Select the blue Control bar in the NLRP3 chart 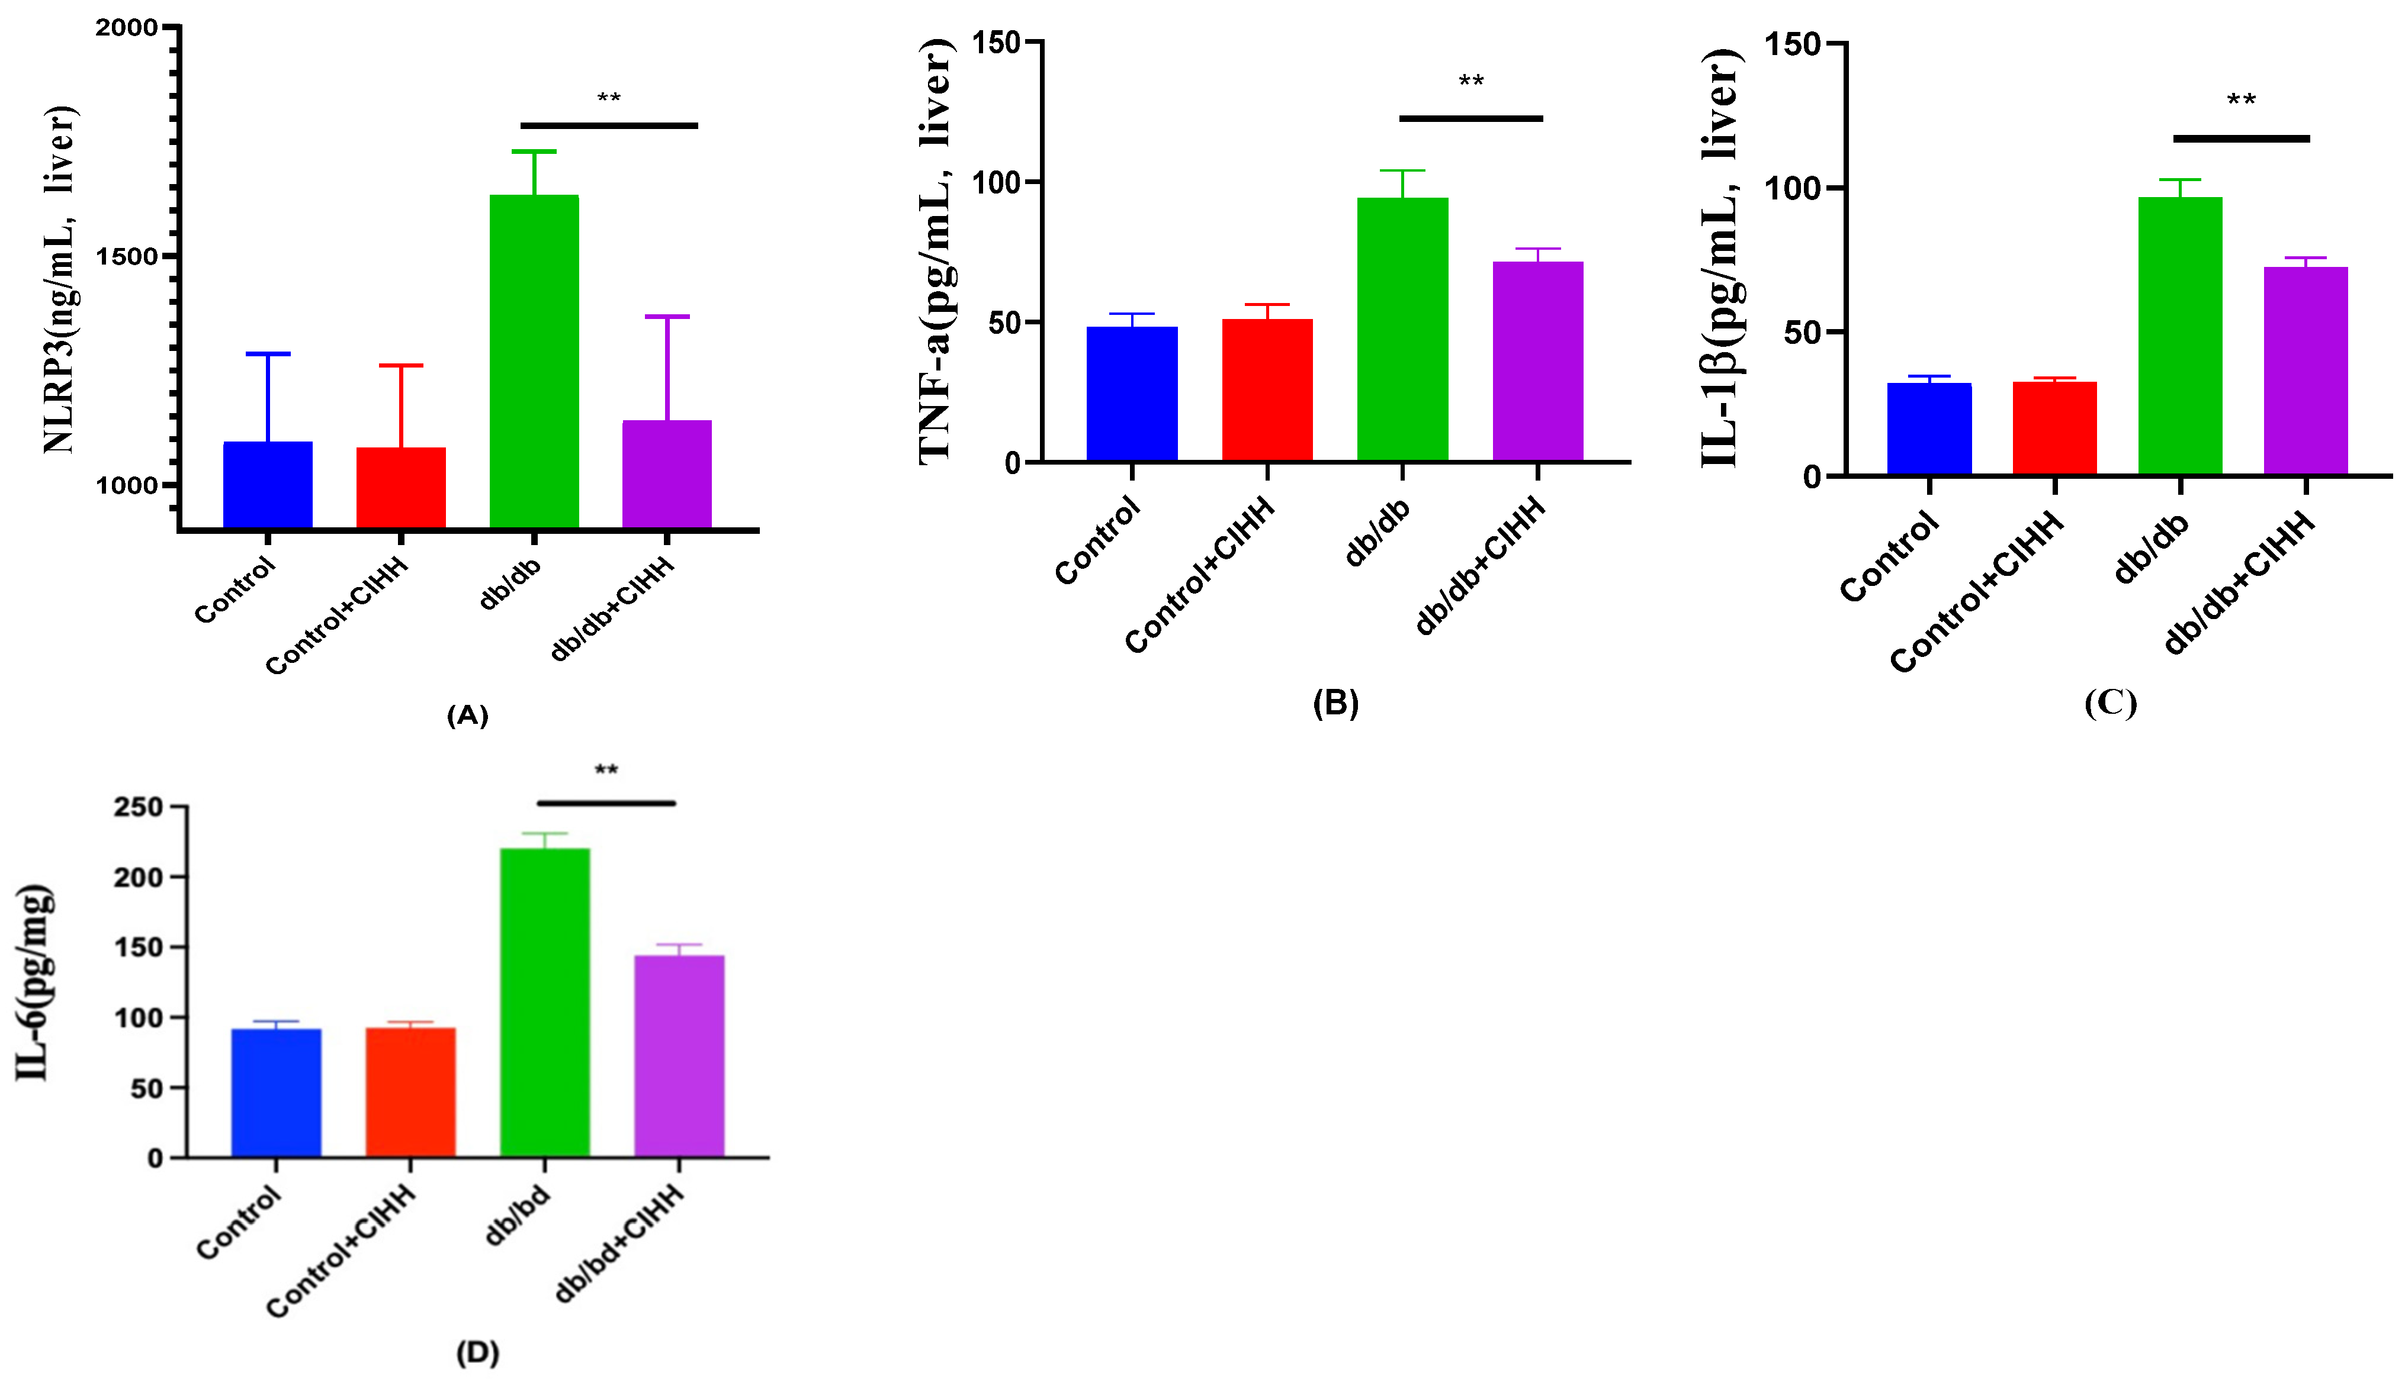(x=267, y=484)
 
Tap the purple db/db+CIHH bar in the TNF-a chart (x=1537, y=361)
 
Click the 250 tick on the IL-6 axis (x=139, y=807)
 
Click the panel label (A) (x=467, y=715)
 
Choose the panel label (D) (x=477, y=1352)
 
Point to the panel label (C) (x=2109, y=703)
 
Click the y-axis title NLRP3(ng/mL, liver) (x=60, y=279)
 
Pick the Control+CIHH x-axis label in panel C (x=1977, y=592)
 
